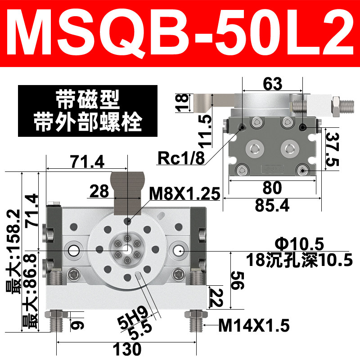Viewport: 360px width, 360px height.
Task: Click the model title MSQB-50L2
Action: click(180, 33)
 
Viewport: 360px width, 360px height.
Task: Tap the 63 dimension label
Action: click(273, 84)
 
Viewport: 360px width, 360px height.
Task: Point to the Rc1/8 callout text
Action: click(181, 158)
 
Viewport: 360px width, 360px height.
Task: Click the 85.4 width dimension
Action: click(272, 205)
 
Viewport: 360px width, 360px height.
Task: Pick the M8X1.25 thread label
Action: click(184, 194)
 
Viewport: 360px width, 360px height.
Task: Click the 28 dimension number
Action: click(99, 191)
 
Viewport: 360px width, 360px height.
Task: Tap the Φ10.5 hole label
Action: click(299, 244)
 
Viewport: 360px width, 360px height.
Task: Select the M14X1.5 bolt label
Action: click(254, 325)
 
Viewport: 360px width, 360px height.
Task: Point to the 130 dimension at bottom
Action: click(127, 350)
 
